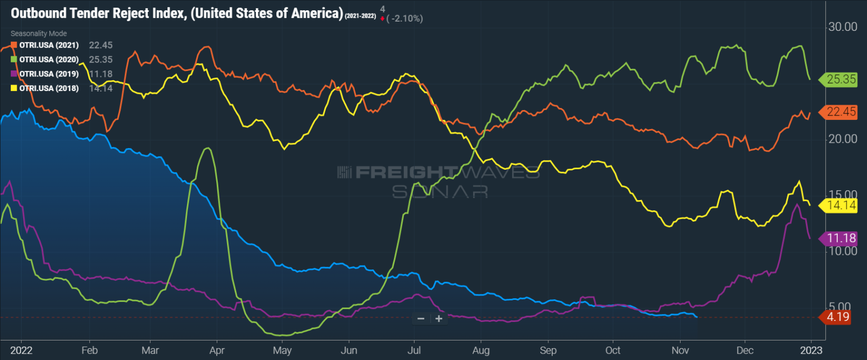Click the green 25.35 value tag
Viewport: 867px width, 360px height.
click(841, 79)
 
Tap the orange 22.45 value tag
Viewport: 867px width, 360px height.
click(841, 112)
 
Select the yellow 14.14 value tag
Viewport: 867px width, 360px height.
click(841, 205)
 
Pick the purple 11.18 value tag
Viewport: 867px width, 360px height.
click(841, 238)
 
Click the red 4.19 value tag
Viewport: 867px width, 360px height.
click(838, 317)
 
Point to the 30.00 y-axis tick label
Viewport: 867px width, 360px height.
click(843, 27)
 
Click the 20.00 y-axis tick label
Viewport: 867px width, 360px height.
click(843, 139)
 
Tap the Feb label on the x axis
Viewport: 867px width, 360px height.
click(89, 350)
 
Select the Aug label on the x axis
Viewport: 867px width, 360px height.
click(481, 350)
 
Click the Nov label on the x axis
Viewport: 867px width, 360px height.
click(680, 350)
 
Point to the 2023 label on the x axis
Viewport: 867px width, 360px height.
click(811, 350)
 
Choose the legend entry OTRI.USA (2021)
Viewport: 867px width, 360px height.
click(49, 45)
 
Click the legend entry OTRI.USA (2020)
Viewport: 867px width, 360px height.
click(49, 60)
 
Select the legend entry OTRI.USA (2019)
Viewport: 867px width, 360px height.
click(49, 74)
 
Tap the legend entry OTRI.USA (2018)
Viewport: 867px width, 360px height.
click(49, 88)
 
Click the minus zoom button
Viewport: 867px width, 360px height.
click(421, 319)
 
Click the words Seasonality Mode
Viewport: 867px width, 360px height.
click(38, 34)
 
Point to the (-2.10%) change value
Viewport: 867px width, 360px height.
click(404, 18)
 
